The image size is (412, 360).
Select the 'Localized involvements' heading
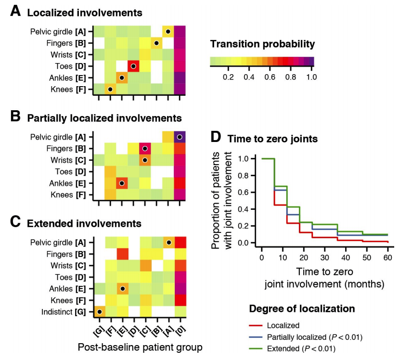tap(85, 13)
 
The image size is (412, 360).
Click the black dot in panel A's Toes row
tap(133, 65)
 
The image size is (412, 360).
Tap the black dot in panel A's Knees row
tap(110, 89)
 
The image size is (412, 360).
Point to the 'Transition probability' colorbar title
tap(262, 44)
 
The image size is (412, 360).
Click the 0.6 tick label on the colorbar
tap(270, 77)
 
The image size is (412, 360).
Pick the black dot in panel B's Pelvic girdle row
tap(180, 137)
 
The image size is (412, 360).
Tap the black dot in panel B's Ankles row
tap(122, 183)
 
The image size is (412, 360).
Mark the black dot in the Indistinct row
tap(99, 312)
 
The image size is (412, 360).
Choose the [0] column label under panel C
tap(180, 331)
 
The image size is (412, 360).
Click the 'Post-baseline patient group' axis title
tap(140, 347)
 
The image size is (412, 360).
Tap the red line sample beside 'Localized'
tap(259, 325)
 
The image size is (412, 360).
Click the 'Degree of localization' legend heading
tap(302, 309)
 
